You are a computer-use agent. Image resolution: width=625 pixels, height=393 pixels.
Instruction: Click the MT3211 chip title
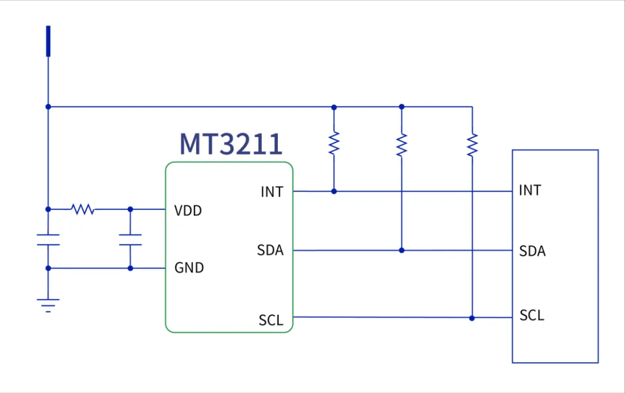coord(231,144)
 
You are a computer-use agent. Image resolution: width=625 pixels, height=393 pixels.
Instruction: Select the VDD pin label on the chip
coord(188,210)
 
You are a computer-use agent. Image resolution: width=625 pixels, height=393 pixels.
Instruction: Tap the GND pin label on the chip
coord(189,268)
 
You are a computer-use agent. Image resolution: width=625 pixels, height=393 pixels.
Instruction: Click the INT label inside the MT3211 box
coord(272,192)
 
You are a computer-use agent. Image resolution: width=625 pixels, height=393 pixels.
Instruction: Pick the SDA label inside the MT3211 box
coord(270,250)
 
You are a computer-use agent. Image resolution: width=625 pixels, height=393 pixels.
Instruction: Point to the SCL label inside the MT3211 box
coord(271,320)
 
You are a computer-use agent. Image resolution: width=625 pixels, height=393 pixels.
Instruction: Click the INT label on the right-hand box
coord(530,190)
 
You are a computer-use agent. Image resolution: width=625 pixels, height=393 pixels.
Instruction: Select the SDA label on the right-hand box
coord(532,251)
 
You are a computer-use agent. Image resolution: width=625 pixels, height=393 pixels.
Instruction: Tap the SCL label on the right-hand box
coord(532,315)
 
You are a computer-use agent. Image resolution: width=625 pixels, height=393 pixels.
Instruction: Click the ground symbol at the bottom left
coord(48,305)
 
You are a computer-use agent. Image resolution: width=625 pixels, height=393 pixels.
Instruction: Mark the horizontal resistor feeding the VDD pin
coord(83,209)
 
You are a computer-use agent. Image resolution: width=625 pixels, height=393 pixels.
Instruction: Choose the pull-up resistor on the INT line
coord(334,143)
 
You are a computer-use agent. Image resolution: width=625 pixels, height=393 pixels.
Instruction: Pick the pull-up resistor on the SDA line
coord(402,145)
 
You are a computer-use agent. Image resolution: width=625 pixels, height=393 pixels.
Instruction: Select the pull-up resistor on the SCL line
coord(472,145)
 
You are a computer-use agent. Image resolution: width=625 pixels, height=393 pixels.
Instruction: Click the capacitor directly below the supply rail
coord(48,239)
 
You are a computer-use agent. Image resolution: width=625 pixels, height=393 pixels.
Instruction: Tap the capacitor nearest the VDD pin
coord(130,239)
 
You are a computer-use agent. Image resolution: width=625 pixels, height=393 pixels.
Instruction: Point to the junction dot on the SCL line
coord(472,318)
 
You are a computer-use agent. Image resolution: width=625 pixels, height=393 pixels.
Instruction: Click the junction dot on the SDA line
coord(402,250)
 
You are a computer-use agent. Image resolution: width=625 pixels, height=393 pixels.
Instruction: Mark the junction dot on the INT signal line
coord(334,191)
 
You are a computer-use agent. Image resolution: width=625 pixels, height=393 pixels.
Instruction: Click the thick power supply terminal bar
coord(48,41)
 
